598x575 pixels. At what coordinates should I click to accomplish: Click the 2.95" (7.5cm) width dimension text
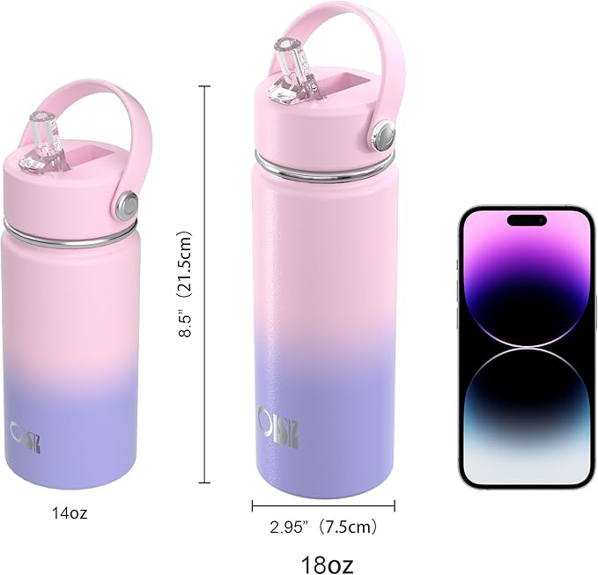pos(322,527)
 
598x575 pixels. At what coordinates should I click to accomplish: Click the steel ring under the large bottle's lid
pos(323,165)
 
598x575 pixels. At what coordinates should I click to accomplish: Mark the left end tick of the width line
pos(253,505)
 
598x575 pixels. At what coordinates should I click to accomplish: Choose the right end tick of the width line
pos(395,505)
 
